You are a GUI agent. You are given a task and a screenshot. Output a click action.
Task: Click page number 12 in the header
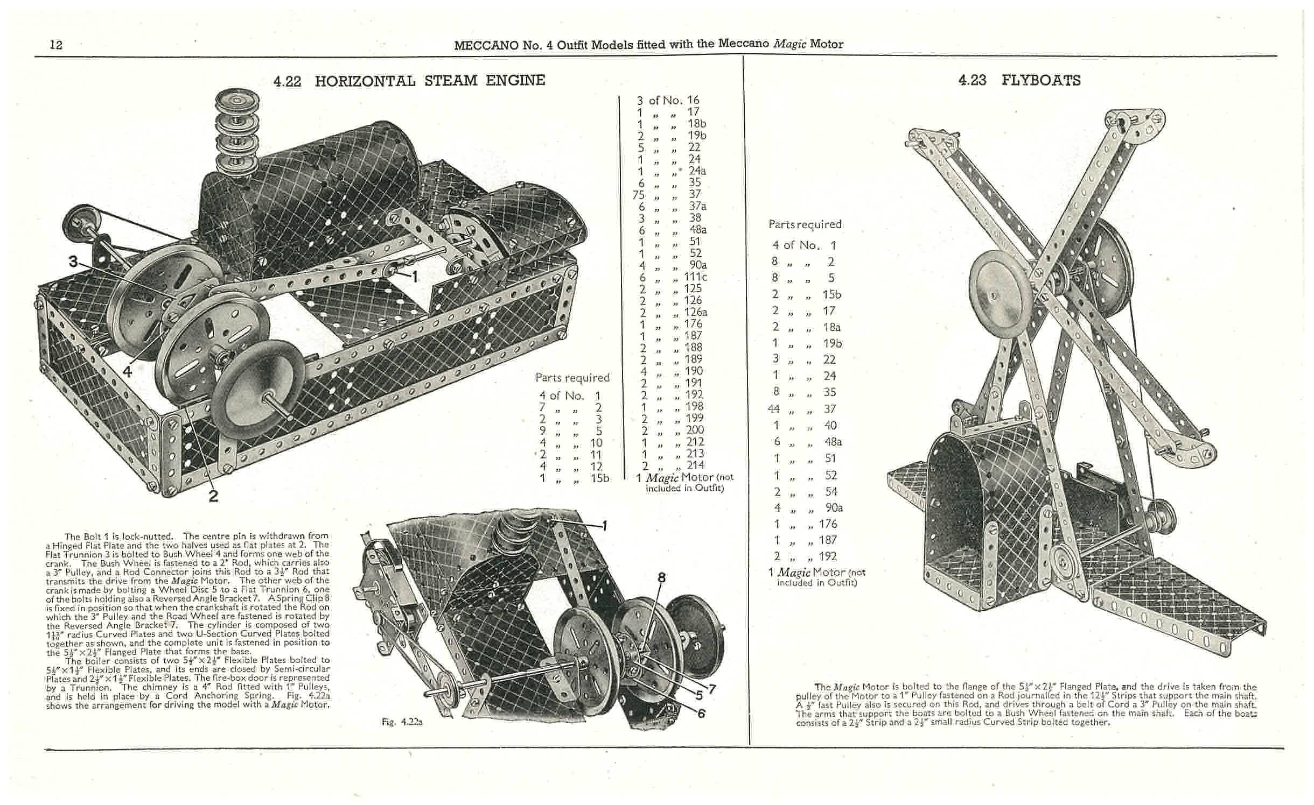56,45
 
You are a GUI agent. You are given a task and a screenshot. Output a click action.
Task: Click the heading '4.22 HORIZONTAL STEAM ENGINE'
409,81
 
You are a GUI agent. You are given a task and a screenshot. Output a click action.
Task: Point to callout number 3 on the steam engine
73,262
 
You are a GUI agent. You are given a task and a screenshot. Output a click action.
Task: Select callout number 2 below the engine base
213,496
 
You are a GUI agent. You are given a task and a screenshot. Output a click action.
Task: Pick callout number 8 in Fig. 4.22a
661,577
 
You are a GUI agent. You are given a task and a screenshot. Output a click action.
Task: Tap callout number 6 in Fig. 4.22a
702,714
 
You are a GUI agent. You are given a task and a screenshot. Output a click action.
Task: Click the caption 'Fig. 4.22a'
402,722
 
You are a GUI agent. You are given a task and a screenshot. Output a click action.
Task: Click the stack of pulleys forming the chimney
236,131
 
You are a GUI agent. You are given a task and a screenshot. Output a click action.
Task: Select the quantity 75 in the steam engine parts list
639,194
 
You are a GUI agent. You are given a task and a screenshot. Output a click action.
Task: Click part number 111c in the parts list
696,277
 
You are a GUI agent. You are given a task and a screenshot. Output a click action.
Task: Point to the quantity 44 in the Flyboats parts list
773,409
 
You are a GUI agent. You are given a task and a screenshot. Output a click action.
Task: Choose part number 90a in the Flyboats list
834,507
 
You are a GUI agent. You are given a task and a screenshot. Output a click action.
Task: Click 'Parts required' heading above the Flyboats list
805,224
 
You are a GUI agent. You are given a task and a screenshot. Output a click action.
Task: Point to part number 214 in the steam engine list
696,465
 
